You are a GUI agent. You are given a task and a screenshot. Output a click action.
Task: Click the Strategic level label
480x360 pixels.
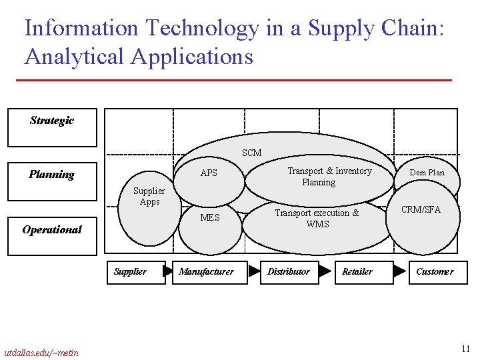(52, 121)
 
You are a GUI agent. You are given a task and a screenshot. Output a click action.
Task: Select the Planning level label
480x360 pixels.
(51, 175)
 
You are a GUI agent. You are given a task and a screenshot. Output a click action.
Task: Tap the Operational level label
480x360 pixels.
(51, 229)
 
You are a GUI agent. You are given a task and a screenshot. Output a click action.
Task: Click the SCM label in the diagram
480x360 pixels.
(251, 153)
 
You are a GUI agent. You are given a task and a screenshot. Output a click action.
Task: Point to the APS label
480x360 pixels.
(209, 173)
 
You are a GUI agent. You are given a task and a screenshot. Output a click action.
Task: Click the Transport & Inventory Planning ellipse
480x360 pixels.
(319, 177)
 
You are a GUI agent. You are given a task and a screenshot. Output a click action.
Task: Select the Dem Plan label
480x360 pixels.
(427, 173)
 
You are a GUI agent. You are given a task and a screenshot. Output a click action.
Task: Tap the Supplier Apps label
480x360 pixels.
(149, 196)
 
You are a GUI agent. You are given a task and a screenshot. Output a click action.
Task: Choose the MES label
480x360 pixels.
(209, 217)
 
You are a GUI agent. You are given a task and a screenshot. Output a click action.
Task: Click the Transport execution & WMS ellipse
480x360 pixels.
(317, 219)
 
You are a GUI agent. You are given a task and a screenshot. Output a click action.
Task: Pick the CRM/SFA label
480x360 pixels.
(421, 209)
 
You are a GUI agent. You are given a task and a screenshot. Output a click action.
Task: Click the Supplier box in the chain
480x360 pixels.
(136, 272)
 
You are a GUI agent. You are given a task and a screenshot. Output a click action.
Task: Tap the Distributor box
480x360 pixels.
(289, 272)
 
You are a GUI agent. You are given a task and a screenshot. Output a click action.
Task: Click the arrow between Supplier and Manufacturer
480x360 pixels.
(169, 271)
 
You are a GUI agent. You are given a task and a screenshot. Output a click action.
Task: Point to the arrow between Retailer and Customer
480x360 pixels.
(399, 271)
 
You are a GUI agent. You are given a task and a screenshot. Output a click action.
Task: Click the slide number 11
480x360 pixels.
(465, 349)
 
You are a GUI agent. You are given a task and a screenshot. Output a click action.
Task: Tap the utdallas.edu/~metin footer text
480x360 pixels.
(41, 353)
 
